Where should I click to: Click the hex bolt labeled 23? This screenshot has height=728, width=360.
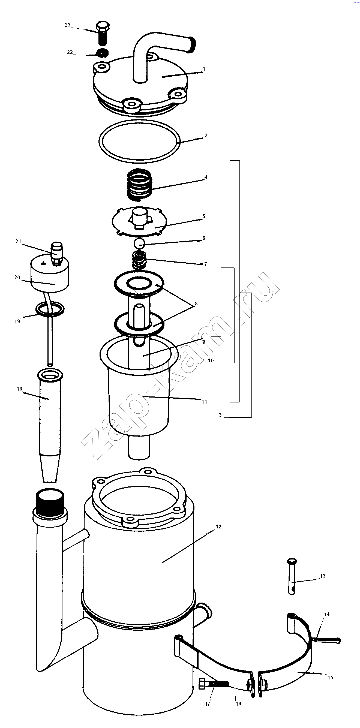103,33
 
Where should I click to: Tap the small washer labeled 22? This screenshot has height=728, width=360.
103,53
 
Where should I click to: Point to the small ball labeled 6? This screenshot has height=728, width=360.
139,243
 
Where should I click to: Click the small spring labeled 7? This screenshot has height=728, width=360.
139,260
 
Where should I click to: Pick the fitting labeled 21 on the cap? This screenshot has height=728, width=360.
57,254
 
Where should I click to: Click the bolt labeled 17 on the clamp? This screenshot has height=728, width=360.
214,684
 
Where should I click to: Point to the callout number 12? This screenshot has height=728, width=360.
218,527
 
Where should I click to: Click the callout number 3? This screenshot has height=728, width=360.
220,415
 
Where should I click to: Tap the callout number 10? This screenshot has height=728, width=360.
211,360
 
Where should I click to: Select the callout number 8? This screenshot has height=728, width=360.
196,304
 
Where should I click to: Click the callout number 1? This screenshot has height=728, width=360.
204,69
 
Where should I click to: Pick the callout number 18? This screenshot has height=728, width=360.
19,389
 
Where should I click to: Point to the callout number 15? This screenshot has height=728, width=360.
330,677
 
